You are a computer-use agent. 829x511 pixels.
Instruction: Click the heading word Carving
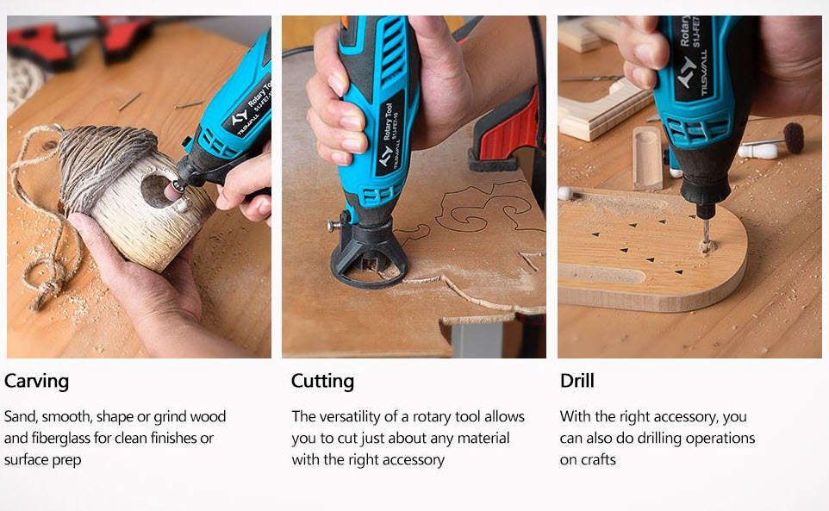tap(36, 382)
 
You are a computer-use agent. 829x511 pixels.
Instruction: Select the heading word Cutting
tap(322, 382)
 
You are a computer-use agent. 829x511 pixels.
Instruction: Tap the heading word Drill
tap(577, 381)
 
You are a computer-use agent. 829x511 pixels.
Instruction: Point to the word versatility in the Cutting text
tap(350, 416)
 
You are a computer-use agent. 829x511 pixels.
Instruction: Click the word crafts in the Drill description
tap(599, 460)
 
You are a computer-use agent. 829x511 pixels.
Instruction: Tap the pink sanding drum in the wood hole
tap(172, 190)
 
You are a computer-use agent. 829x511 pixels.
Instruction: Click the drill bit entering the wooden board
tap(706, 234)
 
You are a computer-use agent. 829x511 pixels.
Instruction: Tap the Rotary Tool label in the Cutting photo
tap(388, 122)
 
